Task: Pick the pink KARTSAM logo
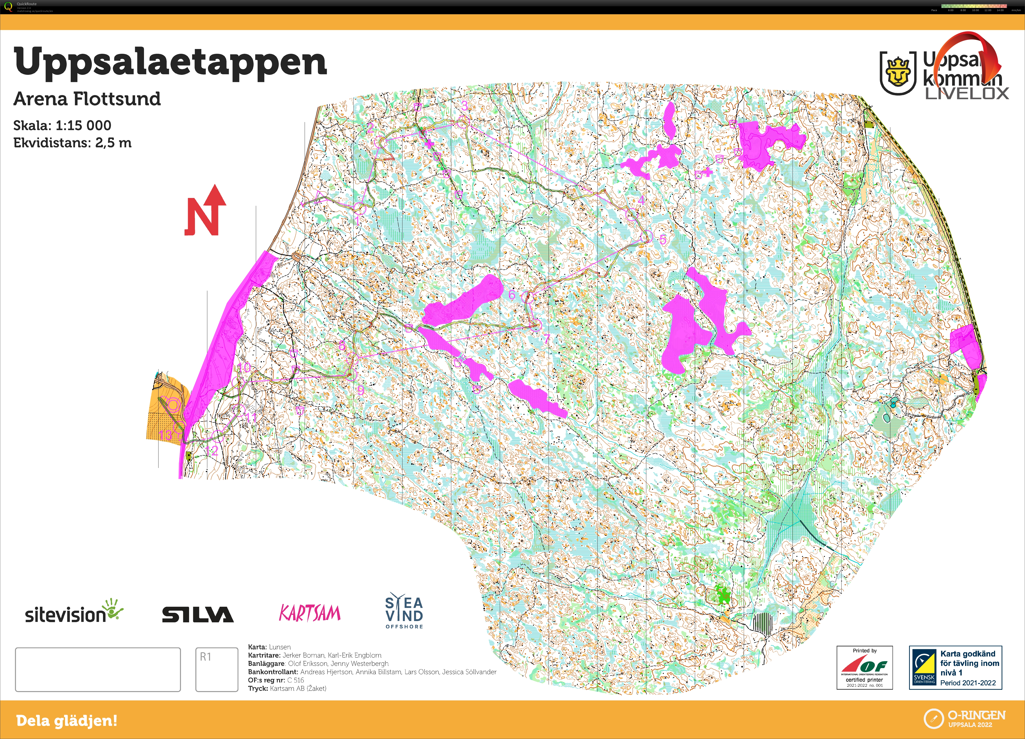[310, 613]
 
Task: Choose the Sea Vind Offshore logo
[404, 611]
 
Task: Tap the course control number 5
[662, 240]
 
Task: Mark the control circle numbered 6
[527, 297]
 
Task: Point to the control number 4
[641, 200]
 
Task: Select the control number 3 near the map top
[464, 106]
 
